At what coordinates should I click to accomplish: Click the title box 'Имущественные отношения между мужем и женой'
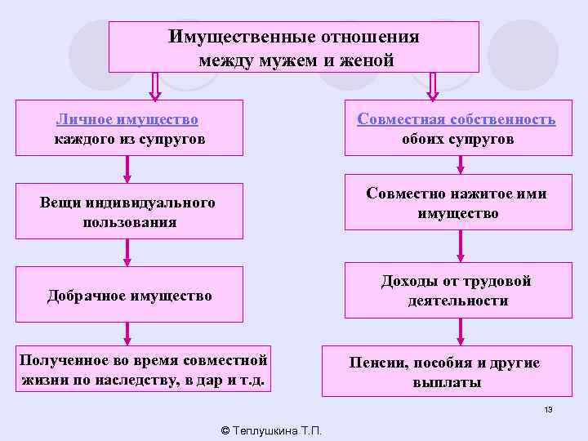coord(293,48)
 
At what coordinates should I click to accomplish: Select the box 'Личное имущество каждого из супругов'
coord(130,128)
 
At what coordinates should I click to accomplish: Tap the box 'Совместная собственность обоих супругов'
coord(457,128)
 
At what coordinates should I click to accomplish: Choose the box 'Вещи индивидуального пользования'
coord(130,212)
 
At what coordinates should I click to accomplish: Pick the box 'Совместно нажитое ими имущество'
coord(457,203)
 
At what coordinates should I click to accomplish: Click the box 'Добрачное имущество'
coord(130,295)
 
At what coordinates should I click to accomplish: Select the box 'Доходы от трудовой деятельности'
coord(457,290)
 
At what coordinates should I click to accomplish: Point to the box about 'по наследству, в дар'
coord(143,370)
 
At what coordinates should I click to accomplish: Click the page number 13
coord(548,409)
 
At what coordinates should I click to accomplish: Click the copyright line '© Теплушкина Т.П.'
coord(272,430)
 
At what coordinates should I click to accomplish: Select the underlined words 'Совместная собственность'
coord(457,119)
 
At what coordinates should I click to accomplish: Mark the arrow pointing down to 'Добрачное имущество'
coord(127,252)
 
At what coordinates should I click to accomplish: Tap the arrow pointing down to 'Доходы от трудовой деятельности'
coord(461,246)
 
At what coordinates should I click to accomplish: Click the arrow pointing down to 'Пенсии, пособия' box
coord(461,331)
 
